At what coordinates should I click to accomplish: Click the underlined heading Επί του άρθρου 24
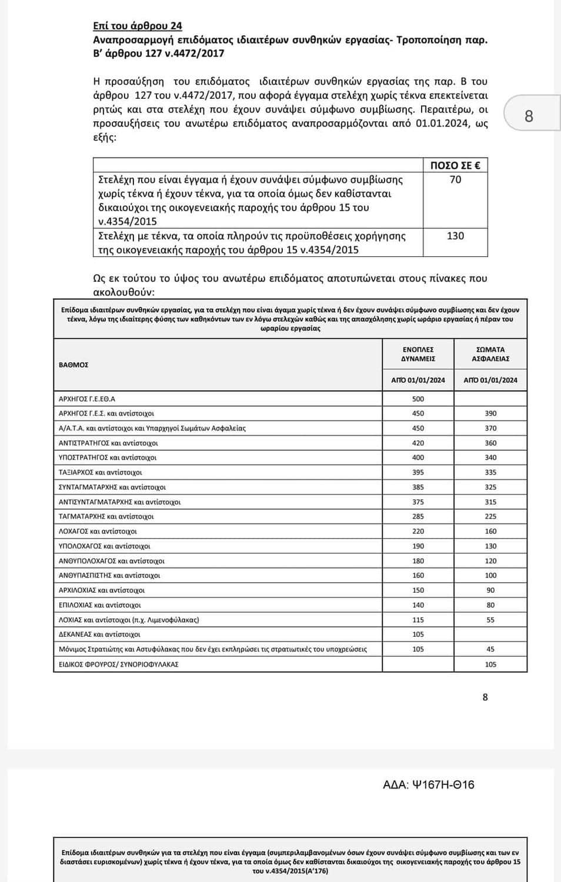[x=138, y=26]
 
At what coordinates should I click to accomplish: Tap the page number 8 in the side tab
[x=529, y=116]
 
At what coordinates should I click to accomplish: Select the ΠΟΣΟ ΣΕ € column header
[x=455, y=165]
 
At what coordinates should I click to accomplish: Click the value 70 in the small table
[x=455, y=180]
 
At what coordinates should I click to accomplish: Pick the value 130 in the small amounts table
[x=455, y=236]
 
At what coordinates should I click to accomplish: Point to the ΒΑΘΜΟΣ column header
[x=74, y=365]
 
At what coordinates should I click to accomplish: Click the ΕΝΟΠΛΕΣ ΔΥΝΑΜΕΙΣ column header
[x=418, y=354]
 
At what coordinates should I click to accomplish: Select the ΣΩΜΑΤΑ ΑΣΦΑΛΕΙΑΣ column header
[x=490, y=354]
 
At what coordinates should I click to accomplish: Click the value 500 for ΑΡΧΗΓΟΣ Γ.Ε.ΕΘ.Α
[x=418, y=399]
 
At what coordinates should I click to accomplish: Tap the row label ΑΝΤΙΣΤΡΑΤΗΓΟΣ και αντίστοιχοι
[x=108, y=443]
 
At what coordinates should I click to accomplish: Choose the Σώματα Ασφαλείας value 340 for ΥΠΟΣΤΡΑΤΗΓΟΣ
[x=490, y=457]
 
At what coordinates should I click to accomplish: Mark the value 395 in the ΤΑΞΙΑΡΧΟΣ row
[x=418, y=472]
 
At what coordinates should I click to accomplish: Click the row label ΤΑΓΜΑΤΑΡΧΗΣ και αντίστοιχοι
[x=106, y=516]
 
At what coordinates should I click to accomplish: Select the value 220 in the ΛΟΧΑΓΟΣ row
[x=418, y=531]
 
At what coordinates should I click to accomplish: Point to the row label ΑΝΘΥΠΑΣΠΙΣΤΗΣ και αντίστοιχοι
[x=109, y=576]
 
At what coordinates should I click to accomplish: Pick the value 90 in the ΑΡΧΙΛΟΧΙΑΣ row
[x=490, y=590]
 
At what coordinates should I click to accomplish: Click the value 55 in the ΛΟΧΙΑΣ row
[x=490, y=620]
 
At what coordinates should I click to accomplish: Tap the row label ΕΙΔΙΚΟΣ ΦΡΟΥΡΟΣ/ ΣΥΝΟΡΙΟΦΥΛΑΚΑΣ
[x=118, y=664]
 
